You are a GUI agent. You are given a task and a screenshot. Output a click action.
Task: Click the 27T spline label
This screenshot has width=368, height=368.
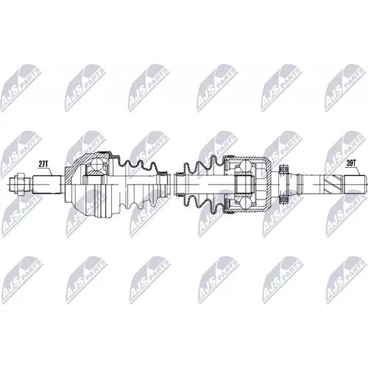43,164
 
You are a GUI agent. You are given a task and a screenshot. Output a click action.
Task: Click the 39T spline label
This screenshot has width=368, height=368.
351,163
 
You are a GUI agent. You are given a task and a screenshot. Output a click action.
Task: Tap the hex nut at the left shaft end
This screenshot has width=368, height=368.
21,184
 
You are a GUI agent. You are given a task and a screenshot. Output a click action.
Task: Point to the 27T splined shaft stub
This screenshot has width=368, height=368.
47,184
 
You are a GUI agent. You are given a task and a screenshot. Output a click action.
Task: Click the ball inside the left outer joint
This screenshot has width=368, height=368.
96,164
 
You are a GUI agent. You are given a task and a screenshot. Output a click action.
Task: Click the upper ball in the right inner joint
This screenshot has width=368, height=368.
245,166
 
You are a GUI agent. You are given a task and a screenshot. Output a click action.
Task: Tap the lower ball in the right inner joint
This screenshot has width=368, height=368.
245,202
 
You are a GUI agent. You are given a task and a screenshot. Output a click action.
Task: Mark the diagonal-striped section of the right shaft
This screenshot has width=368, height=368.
332,184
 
